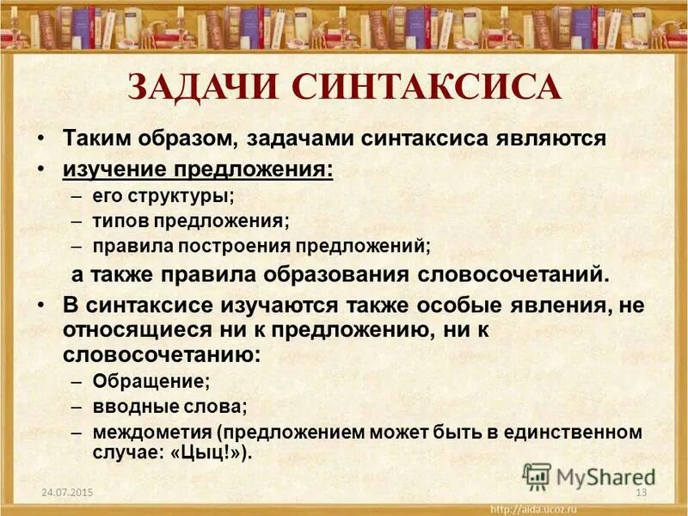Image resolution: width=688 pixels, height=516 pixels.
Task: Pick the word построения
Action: click(236, 245)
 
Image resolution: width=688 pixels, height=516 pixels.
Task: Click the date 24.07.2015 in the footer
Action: click(66, 492)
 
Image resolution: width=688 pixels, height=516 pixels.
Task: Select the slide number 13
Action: click(640, 492)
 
